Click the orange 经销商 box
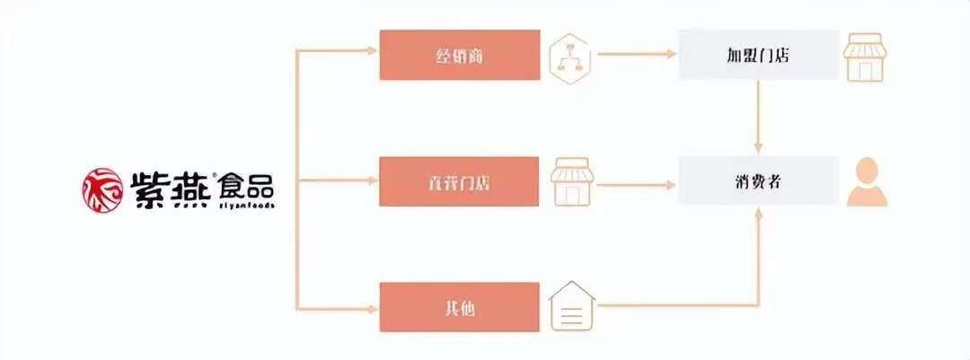point(459,55)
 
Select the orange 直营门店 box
point(459,181)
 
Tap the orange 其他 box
point(459,307)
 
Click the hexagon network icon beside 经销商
point(569,56)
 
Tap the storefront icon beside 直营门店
point(569,180)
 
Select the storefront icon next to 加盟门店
point(866,55)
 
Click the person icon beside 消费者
point(866,181)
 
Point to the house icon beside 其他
point(569,307)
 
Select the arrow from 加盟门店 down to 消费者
point(759,117)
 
